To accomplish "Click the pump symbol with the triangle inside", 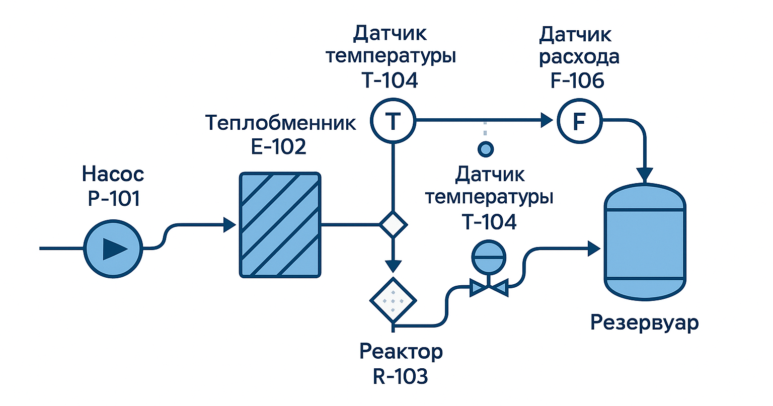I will (113, 249).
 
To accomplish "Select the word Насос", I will (113, 175).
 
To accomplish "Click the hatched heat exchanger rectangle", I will (280, 224).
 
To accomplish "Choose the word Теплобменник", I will (281, 123).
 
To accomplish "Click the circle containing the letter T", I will (393, 121).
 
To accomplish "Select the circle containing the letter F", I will (579, 121).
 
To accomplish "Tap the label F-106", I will (577, 80).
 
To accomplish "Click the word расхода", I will (579, 57).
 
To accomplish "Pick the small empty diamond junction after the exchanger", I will (393, 224).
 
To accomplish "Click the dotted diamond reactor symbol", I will (393, 300).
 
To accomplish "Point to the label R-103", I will (401, 376).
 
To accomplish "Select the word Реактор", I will (401, 351).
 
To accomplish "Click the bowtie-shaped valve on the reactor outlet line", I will (488, 288).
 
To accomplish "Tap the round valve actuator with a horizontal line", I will (487, 257).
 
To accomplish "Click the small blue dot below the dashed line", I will (485, 148).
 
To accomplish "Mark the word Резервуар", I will (645, 322).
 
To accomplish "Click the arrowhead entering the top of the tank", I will (645, 174).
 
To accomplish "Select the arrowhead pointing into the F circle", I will (547, 120).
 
